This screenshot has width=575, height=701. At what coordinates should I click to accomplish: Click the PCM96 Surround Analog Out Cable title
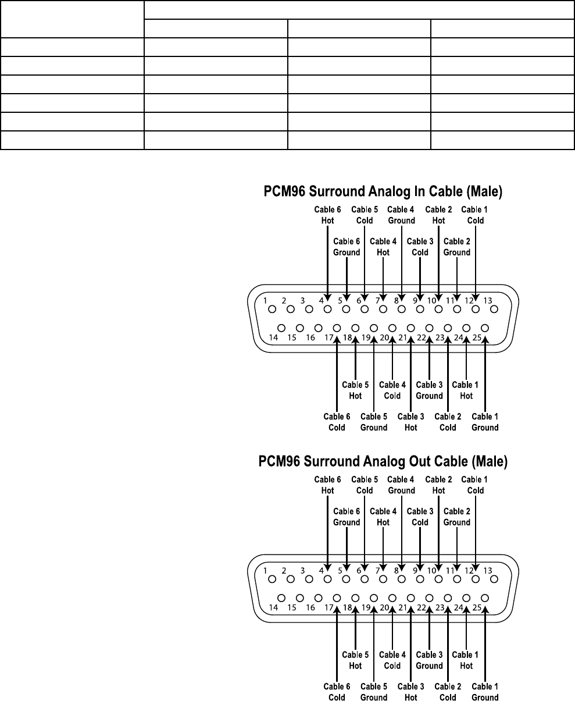383,461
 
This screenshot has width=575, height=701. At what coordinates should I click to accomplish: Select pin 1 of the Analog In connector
272,309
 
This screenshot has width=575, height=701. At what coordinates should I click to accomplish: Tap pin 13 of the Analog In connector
494,309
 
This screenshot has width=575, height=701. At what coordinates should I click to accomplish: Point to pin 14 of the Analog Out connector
281,597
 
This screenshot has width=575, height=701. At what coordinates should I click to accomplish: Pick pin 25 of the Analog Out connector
485,597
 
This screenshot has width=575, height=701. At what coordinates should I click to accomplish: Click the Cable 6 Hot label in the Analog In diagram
327,215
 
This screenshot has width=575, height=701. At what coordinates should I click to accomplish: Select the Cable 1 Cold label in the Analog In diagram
475,215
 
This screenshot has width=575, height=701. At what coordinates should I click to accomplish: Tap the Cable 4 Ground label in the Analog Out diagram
401,485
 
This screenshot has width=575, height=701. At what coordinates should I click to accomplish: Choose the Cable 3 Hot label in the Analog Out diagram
410,692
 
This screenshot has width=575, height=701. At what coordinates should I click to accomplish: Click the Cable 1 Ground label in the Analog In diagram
485,422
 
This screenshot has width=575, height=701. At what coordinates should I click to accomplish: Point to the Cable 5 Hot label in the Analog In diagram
355,390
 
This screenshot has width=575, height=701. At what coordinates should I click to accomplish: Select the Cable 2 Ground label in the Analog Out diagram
457,517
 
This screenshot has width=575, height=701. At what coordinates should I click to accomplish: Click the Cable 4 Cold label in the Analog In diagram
392,390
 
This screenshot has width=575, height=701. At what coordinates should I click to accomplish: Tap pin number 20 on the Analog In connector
384,337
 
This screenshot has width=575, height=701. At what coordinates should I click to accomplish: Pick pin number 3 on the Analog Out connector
303,571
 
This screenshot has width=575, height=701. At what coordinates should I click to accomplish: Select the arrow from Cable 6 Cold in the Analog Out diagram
337,640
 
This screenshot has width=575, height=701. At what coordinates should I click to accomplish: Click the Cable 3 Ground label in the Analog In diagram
429,390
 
